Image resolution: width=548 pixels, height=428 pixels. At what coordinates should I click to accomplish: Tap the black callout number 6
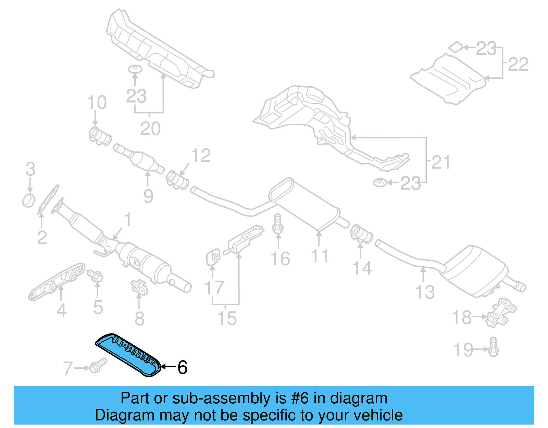(x=182, y=367)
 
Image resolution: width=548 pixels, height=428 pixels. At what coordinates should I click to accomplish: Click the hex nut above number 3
(x=29, y=200)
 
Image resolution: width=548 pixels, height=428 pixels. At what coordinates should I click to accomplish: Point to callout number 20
(x=150, y=129)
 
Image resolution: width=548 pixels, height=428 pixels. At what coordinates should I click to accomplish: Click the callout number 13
(x=425, y=292)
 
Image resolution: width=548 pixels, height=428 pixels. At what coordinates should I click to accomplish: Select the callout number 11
(x=320, y=256)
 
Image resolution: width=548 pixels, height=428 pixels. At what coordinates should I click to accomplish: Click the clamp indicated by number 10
(x=99, y=136)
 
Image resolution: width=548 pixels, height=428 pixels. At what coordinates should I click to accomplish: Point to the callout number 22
(x=518, y=64)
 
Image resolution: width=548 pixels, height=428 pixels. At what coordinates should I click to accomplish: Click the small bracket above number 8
(x=139, y=287)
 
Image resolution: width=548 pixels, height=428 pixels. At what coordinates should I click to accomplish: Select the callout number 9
(x=148, y=196)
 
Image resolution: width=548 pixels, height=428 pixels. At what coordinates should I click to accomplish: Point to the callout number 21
(x=440, y=162)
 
